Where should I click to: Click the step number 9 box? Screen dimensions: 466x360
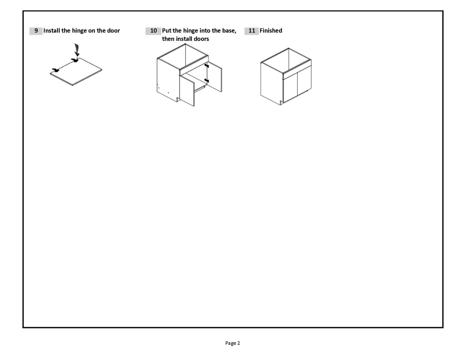(x=36, y=31)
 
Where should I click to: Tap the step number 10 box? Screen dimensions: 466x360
(x=153, y=31)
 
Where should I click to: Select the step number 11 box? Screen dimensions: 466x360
(x=251, y=31)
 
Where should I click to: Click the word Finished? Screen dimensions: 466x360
(x=271, y=31)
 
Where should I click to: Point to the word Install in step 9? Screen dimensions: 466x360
(x=52, y=31)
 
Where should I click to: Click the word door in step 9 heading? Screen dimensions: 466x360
(x=113, y=31)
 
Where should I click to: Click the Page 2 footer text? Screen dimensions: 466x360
(x=233, y=343)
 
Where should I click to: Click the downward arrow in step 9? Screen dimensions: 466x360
(x=76, y=50)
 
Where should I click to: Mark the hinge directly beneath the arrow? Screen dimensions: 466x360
(x=75, y=60)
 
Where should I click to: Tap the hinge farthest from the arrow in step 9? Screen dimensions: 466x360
(x=55, y=70)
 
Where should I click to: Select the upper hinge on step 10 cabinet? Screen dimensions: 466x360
(x=206, y=65)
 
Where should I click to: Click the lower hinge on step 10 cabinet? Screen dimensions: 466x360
(x=206, y=80)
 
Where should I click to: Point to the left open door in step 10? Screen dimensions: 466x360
(x=187, y=90)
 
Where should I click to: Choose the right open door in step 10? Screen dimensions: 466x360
(x=214, y=77)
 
